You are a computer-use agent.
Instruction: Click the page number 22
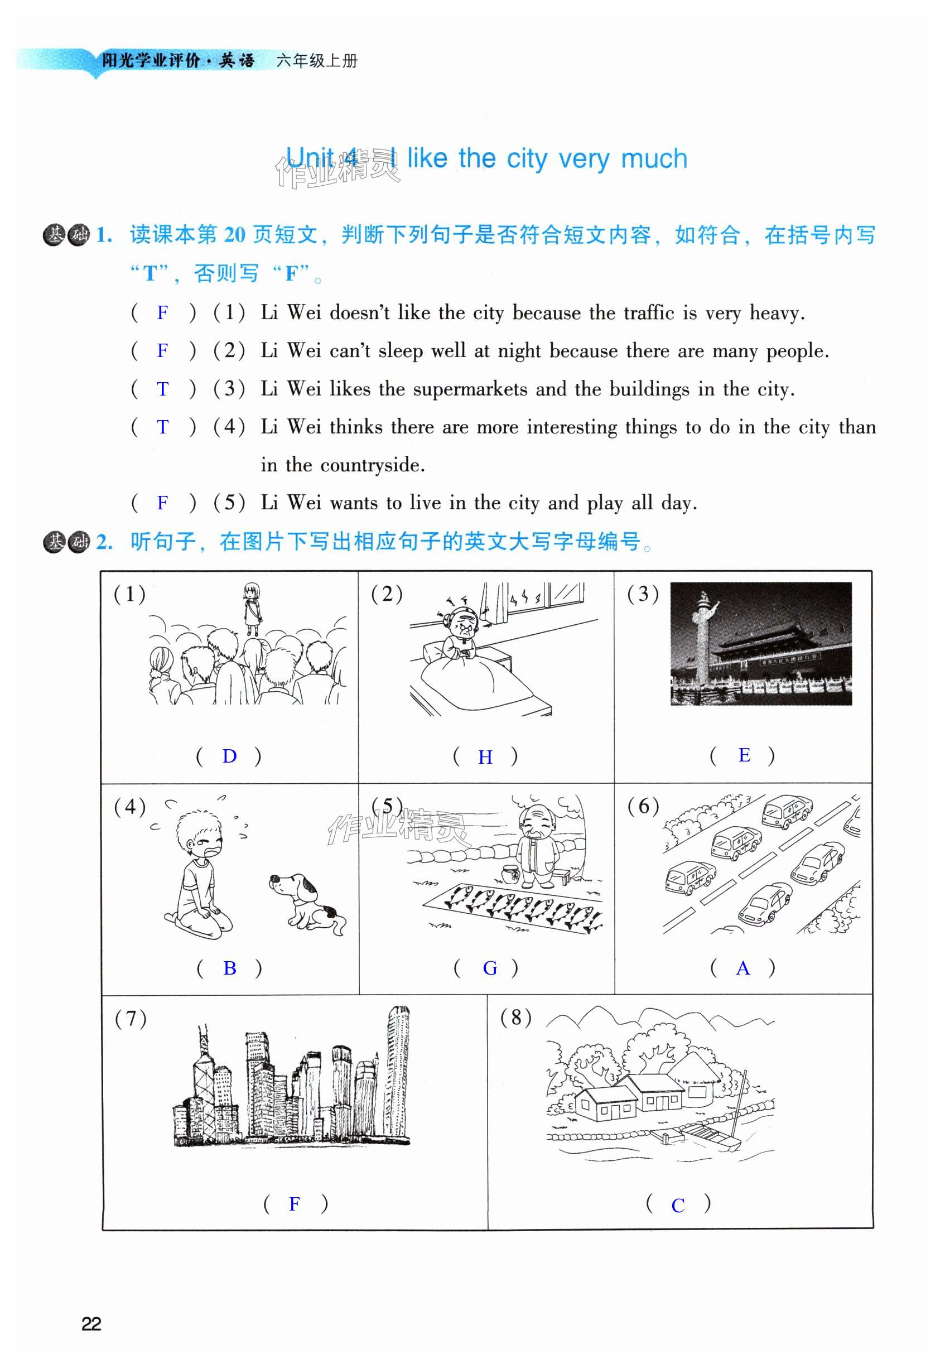(x=91, y=1324)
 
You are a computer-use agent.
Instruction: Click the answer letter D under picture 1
(x=229, y=756)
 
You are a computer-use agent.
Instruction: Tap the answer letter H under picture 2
(x=485, y=756)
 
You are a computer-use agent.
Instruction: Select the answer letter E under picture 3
(x=744, y=755)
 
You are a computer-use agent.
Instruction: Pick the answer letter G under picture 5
(x=490, y=968)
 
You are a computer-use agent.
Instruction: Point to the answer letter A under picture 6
(x=742, y=968)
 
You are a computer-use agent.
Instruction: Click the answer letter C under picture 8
(x=678, y=1206)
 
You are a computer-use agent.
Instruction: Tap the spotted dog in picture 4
(x=307, y=904)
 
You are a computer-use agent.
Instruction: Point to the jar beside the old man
(x=510, y=875)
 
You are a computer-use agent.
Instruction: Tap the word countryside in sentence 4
(x=373, y=465)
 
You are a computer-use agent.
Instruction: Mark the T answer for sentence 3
(x=162, y=389)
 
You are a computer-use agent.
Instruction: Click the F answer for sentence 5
(x=162, y=503)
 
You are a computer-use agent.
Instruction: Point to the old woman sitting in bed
(x=463, y=635)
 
